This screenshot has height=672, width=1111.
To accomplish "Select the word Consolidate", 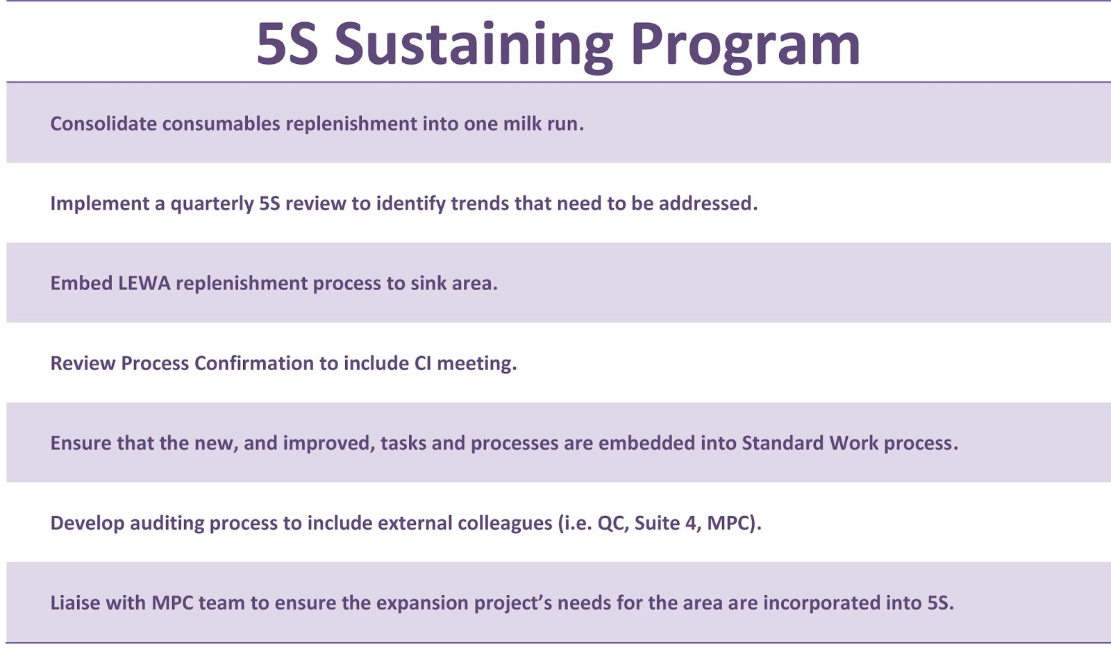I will click(x=103, y=124).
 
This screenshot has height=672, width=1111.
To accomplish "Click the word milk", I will click(x=522, y=124).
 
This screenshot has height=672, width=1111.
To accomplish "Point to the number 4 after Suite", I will click(x=691, y=523).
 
